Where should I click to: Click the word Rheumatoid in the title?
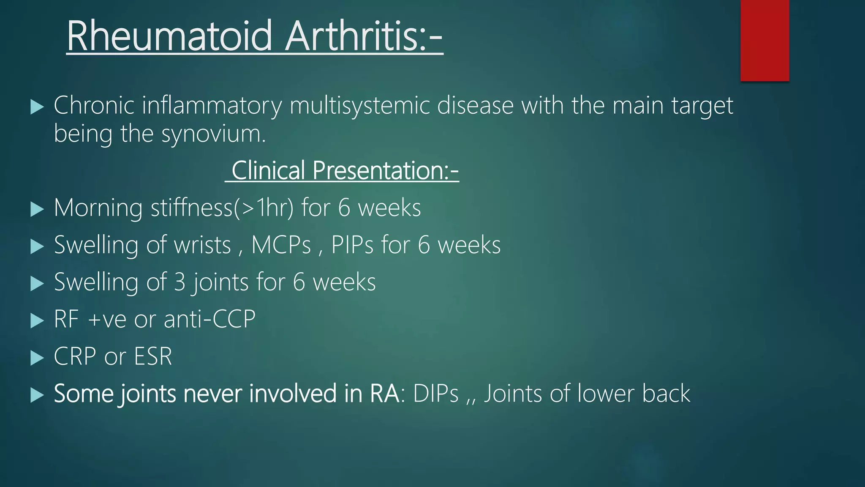point(169,36)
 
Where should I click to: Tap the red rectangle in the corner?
point(764,40)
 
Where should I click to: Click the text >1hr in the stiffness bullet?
point(262,208)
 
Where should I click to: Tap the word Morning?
point(98,208)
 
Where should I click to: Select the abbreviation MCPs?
point(281,245)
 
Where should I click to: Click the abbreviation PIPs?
point(352,245)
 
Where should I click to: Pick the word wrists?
point(202,245)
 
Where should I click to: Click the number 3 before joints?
point(180,282)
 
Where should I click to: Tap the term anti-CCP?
point(209,319)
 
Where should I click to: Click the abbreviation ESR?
point(153,356)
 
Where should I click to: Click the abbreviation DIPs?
point(435,394)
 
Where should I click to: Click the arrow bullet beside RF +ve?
point(37,320)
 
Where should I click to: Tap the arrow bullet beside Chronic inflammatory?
point(37,107)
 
